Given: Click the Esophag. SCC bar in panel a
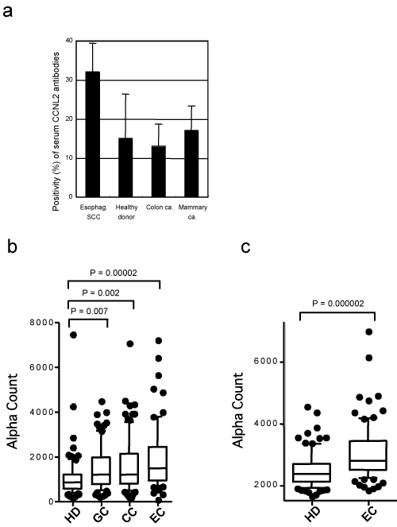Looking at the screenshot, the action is (x=93, y=134).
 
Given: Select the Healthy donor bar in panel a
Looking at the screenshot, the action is (x=125, y=168).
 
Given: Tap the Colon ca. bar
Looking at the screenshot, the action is (x=158, y=172).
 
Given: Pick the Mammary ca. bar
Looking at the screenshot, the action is (x=191, y=163).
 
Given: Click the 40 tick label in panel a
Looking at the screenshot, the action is (x=69, y=41).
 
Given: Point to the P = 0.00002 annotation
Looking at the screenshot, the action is (x=114, y=273).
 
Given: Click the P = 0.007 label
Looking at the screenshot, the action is (x=89, y=311).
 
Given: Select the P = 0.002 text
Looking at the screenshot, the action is (x=101, y=293).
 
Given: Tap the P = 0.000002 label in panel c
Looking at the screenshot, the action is (x=338, y=304).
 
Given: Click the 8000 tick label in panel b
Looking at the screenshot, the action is (x=41, y=323).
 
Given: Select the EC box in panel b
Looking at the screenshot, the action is (x=158, y=463).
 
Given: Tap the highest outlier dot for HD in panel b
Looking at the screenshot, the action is (x=73, y=335).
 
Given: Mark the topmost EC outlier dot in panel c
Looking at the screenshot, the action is (x=368, y=332).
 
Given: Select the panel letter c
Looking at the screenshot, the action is (x=245, y=247).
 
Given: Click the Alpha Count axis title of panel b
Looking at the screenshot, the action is (x=12, y=411).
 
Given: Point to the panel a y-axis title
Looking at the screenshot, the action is (x=56, y=131).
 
